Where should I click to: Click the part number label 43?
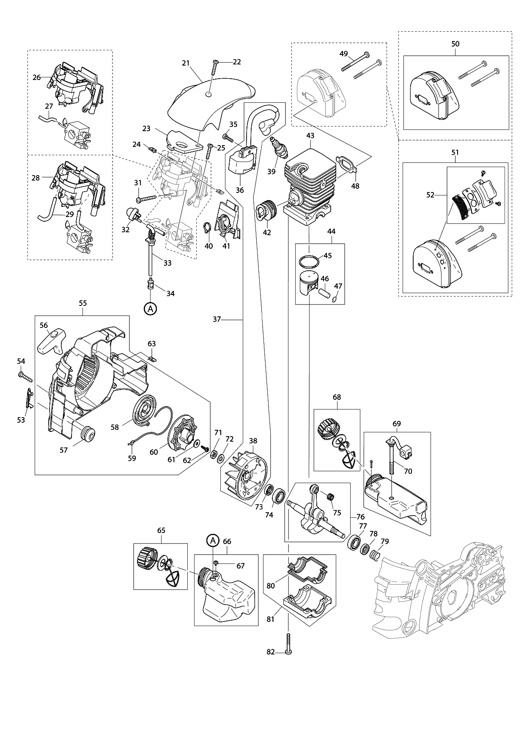pyautogui.click(x=310, y=136)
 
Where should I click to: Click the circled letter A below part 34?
pyautogui.click(x=150, y=309)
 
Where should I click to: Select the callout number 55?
pyautogui.click(x=82, y=303)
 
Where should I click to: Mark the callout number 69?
pyautogui.click(x=396, y=424)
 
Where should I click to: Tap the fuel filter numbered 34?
pyautogui.click(x=149, y=283)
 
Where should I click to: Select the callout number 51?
pyautogui.click(x=455, y=152)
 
